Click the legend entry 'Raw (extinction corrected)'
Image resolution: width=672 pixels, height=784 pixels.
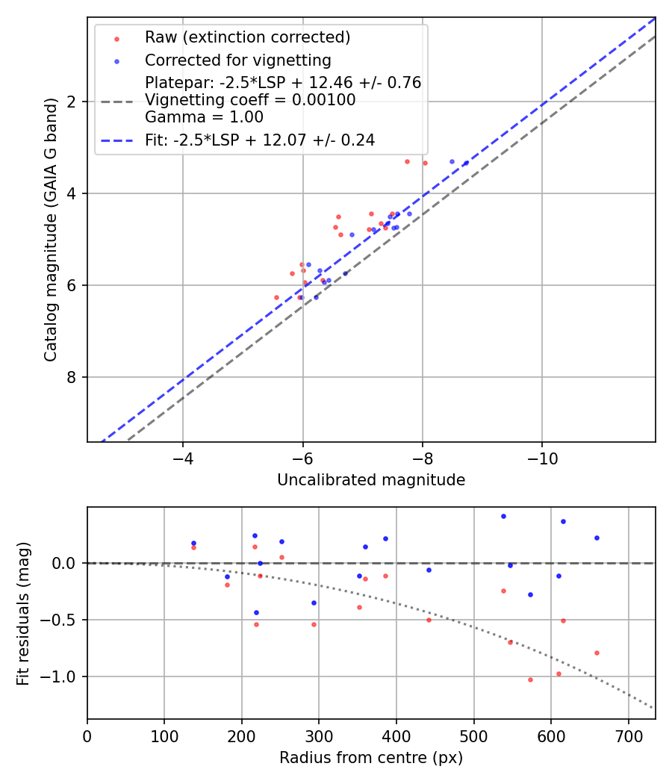click(247, 37)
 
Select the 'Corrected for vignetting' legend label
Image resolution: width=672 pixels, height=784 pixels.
click(237, 60)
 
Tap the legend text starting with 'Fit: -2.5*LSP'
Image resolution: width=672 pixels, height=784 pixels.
click(259, 140)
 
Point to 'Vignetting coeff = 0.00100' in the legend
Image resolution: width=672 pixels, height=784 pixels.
click(250, 100)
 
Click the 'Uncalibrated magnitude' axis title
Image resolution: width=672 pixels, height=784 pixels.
click(371, 480)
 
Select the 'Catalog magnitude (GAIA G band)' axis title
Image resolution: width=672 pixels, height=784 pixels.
click(51, 230)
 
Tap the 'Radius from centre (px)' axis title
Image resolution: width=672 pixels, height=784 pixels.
click(371, 758)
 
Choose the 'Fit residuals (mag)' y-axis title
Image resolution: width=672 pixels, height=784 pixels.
click(24, 613)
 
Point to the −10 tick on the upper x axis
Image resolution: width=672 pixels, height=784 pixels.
click(542, 458)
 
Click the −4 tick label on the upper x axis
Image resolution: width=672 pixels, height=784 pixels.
click(183, 458)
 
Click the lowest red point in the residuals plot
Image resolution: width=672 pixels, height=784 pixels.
click(530, 679)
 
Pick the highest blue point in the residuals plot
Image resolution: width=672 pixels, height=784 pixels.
click(503, 516)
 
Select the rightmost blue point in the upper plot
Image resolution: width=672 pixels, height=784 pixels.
click(466, 163)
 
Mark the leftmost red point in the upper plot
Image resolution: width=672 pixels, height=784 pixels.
click(276, 297)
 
